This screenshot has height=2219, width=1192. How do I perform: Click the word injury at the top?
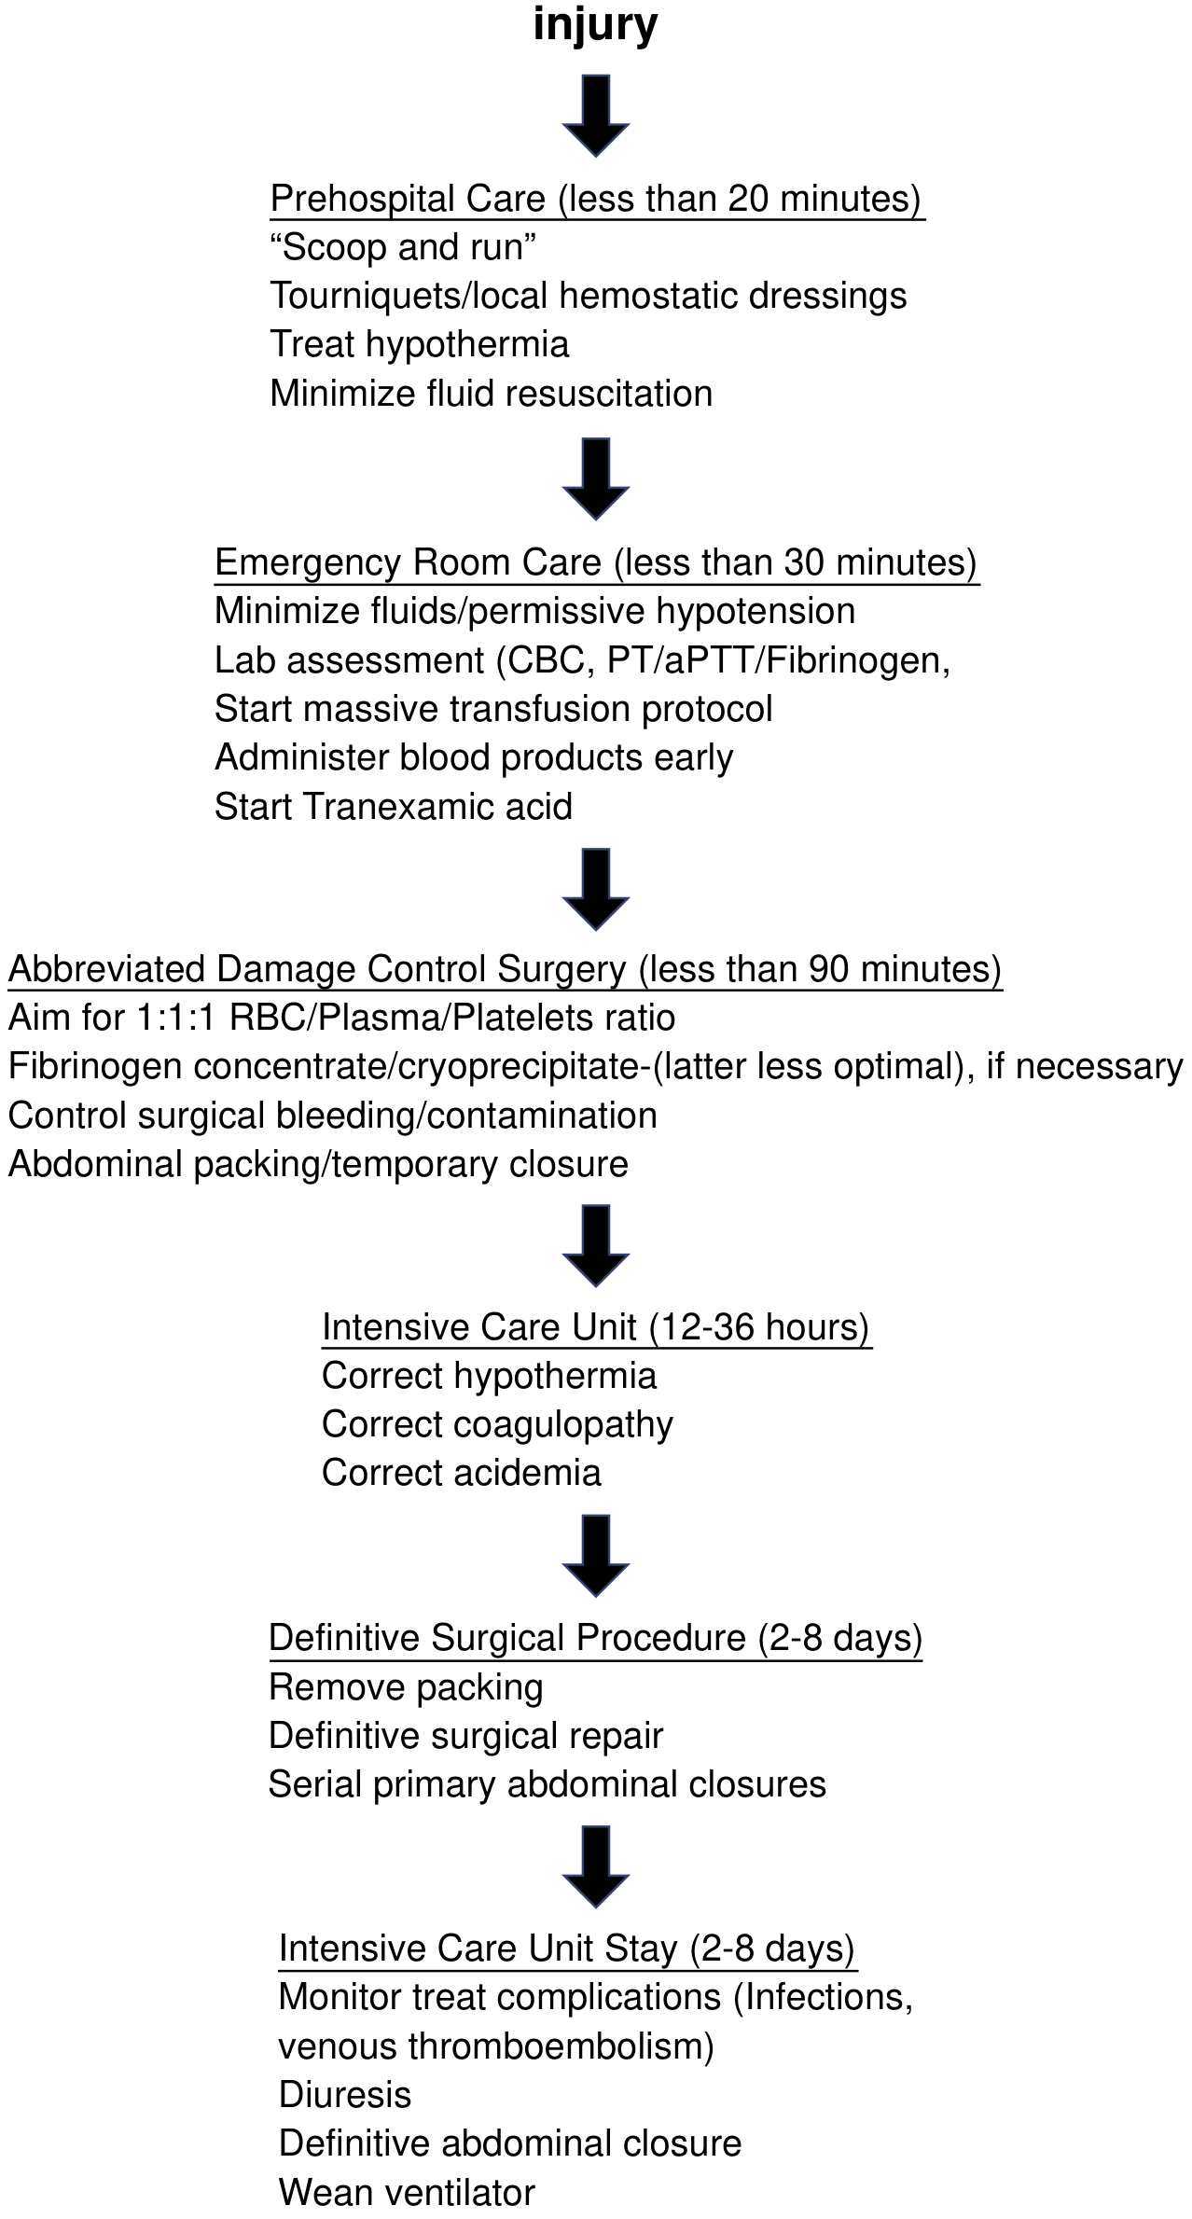coord(595,26)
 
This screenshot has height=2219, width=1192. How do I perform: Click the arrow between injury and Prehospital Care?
coord(596,116)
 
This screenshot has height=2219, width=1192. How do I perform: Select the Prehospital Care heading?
coord(596,199)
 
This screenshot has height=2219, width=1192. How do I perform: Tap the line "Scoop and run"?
coord(403,247)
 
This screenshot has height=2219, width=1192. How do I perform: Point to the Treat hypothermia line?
coord(419,344)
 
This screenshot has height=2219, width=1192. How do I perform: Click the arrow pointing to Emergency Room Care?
coord(596,478)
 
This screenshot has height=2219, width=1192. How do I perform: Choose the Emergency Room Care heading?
coord(596,562)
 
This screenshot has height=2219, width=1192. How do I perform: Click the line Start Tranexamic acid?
coord(393,807)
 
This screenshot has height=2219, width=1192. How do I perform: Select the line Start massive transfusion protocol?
coord(493,709)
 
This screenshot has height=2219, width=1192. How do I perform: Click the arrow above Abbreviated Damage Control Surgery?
coord(596,889)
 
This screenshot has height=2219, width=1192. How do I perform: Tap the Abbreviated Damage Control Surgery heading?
coord(505,969)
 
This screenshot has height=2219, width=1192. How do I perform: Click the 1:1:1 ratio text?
coord(177,1018)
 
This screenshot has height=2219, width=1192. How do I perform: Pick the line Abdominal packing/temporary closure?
coord(318,1164)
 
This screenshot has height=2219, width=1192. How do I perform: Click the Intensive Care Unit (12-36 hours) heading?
coord(596,1327)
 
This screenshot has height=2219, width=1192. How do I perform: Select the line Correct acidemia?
coord(462,1473)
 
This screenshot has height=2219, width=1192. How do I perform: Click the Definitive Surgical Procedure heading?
coord(595,1638)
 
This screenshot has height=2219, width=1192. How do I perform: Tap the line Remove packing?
coord(406,1687)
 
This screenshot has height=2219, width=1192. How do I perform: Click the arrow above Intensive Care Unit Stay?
coord(596,1867)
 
